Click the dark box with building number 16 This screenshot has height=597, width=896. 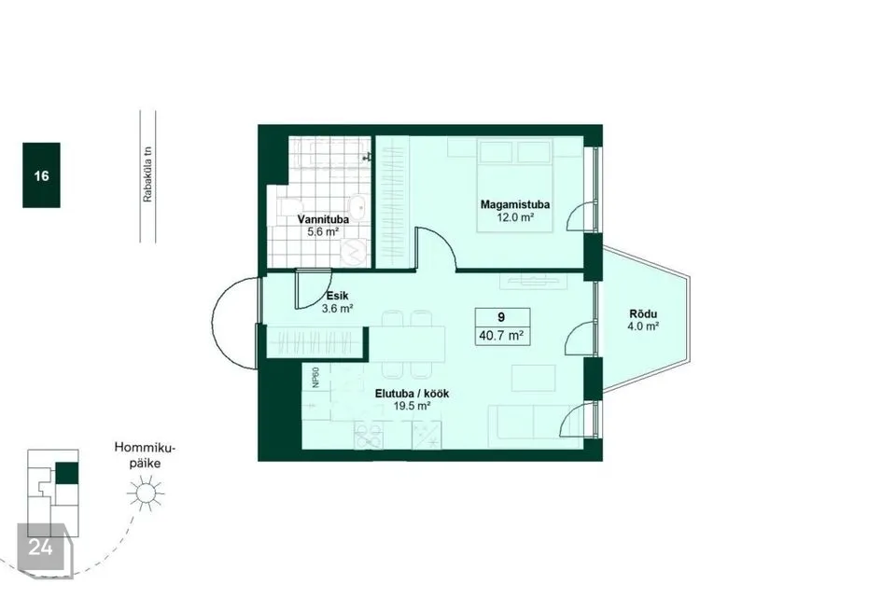(41, 174)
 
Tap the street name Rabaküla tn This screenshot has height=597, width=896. (148, 174)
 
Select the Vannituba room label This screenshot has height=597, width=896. (323, 219)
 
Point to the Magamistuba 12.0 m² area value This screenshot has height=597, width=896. (515, 217)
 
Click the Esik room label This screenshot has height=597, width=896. (337, 296)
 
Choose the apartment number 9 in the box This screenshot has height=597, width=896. (501, 318)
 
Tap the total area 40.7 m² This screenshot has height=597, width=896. (502, 336)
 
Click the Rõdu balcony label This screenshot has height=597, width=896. (643, 313)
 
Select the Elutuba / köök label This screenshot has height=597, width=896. (412, 394)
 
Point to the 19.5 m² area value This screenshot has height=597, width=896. (412, 406)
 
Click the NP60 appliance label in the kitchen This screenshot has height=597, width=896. (316, 378)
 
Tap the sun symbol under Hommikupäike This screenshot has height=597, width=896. (147, 493)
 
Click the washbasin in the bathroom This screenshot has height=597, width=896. (358, 208)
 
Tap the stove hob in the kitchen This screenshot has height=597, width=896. (369, 436)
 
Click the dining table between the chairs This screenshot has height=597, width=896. (407, 343)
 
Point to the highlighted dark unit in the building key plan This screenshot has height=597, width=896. (67, 474)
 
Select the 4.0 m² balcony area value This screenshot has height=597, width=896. (643, 326)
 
